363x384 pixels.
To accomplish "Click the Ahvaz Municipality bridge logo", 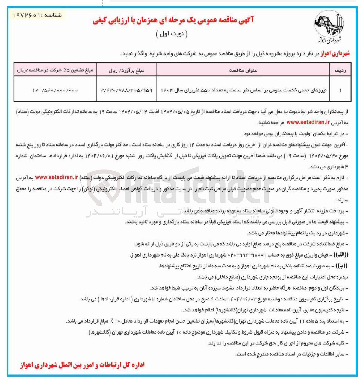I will click(329, 26).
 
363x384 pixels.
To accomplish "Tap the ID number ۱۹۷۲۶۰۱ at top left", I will click(26, 16).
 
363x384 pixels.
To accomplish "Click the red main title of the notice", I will click(173, 20).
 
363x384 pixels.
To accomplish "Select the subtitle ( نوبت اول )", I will click(172, 34).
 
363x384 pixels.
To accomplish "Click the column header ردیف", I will click(340, 70).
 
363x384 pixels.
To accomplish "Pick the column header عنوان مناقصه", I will click(243, 70).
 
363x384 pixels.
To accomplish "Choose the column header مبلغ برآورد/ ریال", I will click(126, 70).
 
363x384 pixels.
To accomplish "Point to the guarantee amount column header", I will click(55, 70).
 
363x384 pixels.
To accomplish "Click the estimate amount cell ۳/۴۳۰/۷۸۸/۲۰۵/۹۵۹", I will click(126, 90).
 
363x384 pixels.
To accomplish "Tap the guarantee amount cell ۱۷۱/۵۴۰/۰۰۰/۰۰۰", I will click(55, 90).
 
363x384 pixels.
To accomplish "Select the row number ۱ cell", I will click(340, 90).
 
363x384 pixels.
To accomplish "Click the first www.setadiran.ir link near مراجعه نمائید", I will click(308, 123).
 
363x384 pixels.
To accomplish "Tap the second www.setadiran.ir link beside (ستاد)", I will click(57, 177).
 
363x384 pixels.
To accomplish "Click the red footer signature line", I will click(82, 365).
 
